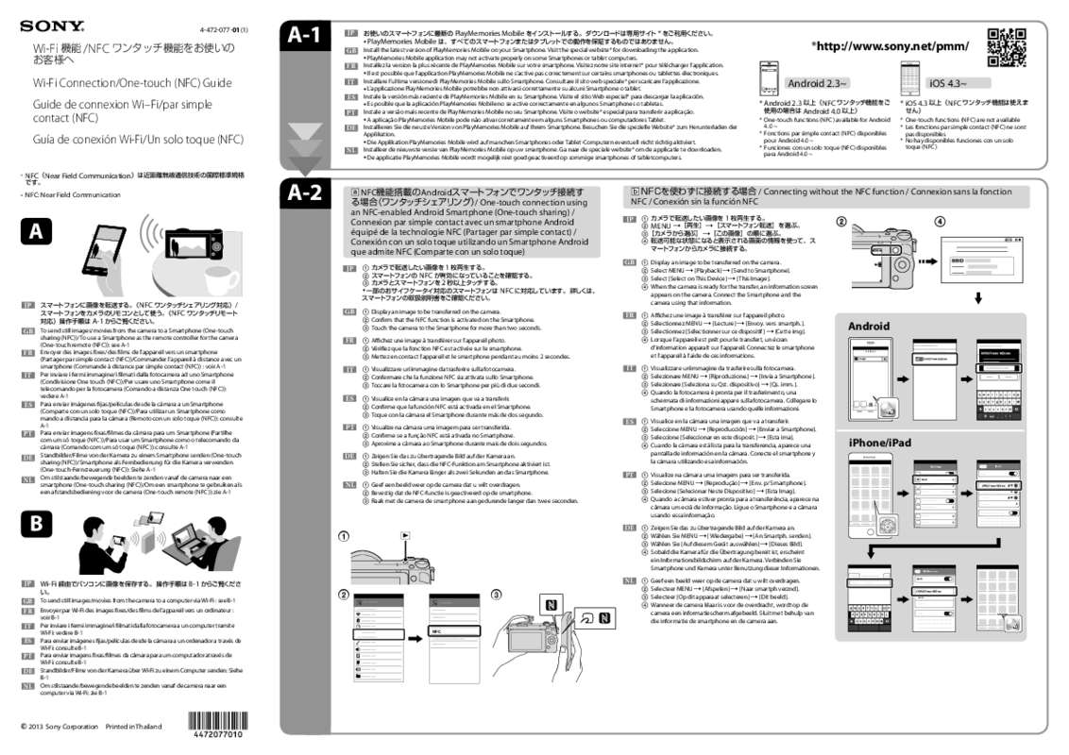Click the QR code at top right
[1007, 48]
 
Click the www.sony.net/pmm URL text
[891, 46]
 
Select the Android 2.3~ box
[817, 83]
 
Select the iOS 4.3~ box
[947, 83]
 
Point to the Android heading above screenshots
[869, 327]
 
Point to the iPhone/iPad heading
[879, 443]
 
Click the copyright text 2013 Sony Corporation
[61, 727]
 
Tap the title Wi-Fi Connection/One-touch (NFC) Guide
[132, 83]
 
